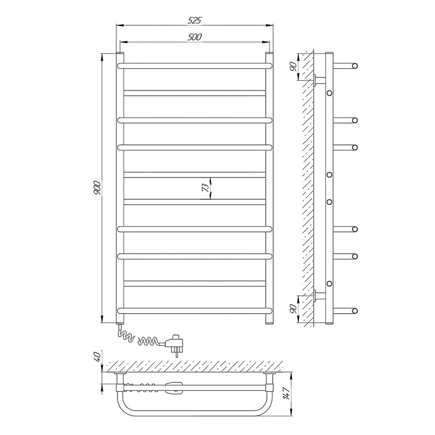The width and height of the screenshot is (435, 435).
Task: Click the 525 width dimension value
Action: [194, 20]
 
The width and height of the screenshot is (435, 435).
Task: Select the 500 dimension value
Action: [194, 37]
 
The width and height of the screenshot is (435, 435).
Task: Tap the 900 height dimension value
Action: [97, 188]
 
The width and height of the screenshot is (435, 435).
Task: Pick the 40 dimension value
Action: [97, 356]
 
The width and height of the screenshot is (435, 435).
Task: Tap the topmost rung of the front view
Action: [195, 66]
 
